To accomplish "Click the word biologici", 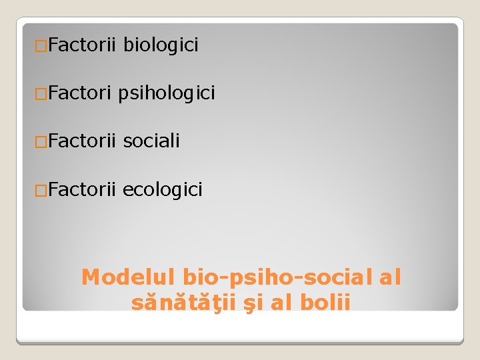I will pos(161,45).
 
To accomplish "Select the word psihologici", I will pos(167,93).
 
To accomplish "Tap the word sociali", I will pos(152,141).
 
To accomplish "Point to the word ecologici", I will pos(163,189).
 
